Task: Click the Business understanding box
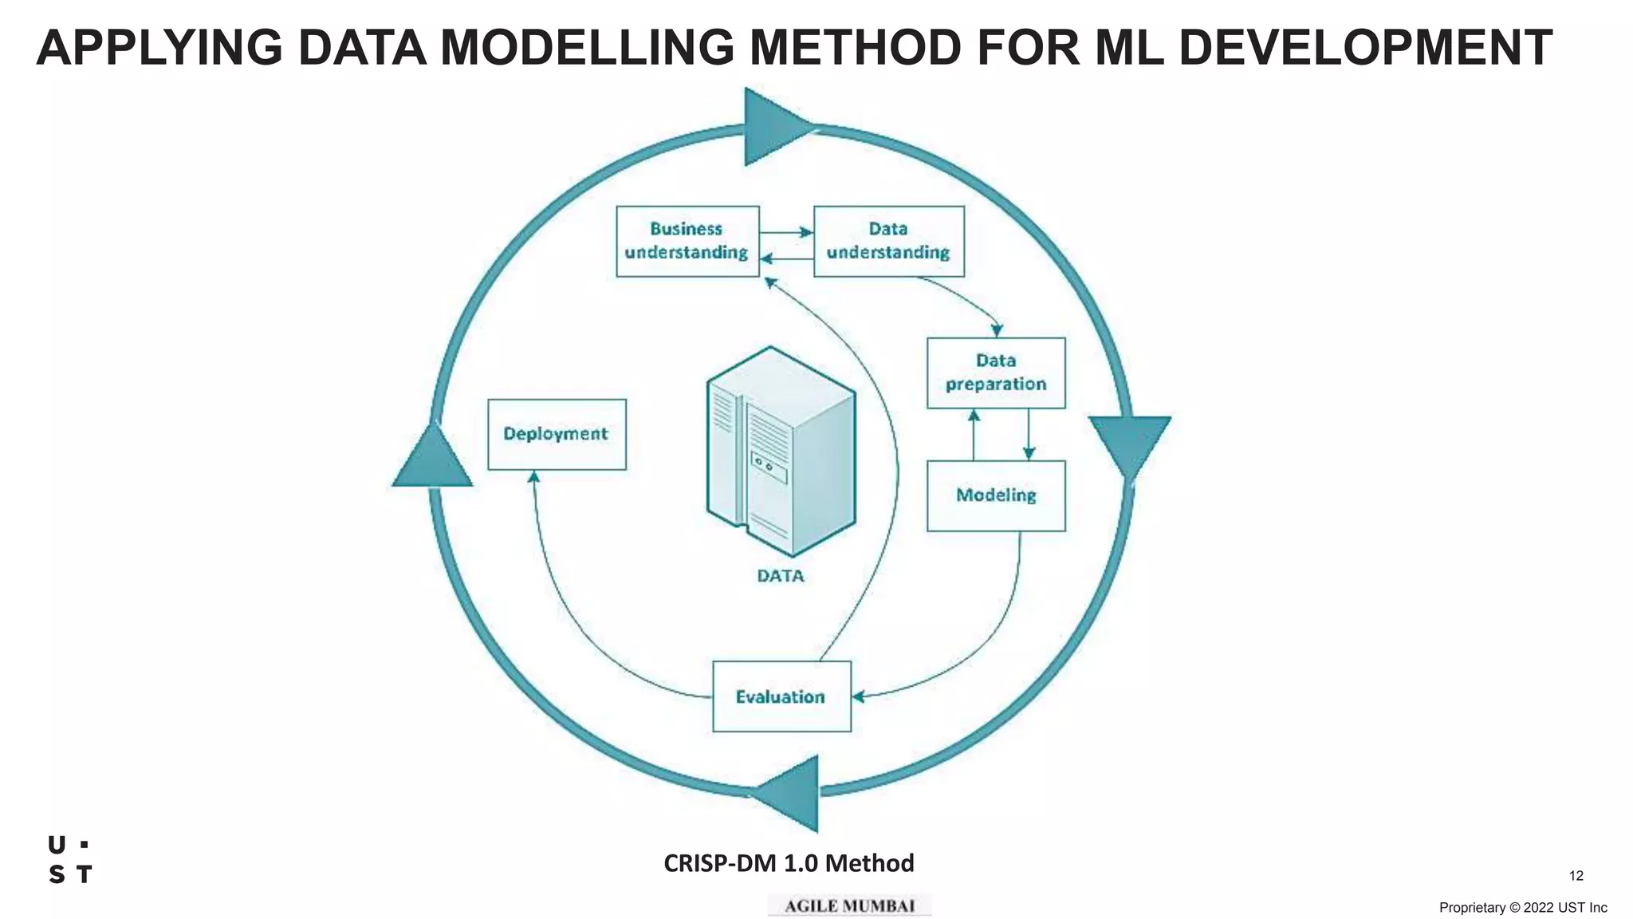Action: tap(687, 242)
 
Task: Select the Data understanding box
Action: tap(888, 242)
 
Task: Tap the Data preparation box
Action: tap(996, 373)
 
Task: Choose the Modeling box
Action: tap(996, 495)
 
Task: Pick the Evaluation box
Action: tap(781, 696)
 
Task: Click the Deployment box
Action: tap(557, 434)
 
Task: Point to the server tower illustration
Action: tap(780, 452)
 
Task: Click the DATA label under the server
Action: tap(781, 576)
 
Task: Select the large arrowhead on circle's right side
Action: tap(1129, 442)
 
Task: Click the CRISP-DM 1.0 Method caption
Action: tap(789, 863)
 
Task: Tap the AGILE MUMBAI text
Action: tap(849, 906)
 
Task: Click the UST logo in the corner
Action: tap(70, 860)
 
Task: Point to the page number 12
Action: tap(1576, 876)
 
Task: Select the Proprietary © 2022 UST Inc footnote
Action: tap(1522, 908)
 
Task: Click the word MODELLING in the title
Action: tap(587, 48)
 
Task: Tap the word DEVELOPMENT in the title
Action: tap(1364, 48)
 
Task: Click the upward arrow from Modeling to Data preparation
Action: tap(974, 435)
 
